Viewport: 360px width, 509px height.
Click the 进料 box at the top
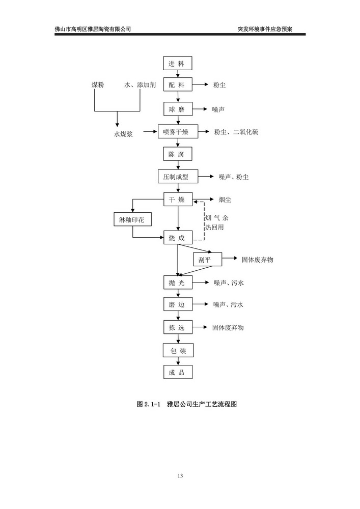(178, 64)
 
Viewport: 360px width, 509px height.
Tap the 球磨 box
(178, 109)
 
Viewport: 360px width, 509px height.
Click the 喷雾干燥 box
(177, 132)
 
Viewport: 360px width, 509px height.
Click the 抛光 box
(178, 282)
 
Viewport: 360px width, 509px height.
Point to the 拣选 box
(178, 327)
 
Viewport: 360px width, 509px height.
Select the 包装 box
(178, 350)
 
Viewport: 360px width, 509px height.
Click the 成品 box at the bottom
(178, 373)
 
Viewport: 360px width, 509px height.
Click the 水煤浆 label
(123, 135)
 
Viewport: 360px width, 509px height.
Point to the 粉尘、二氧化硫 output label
(236, 132)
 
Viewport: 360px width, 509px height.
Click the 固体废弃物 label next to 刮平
(257, 260)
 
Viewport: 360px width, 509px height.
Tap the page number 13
(180, 476)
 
